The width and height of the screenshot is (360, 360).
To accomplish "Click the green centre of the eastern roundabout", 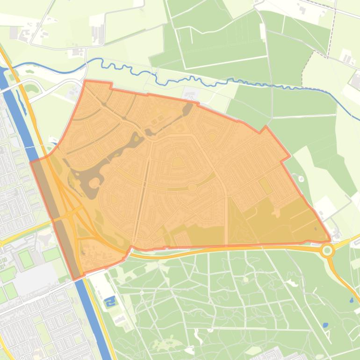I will (327, 251).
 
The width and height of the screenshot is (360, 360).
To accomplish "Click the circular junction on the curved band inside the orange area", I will (192, 187).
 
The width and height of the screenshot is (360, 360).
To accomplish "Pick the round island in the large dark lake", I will (94, 182).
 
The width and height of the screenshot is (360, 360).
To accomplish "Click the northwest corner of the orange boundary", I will (85, 81).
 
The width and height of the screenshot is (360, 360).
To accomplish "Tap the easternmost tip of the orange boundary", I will (331, 241).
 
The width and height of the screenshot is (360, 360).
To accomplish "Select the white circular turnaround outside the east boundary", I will (301, 178).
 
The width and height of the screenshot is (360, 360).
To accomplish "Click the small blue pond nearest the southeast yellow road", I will (352, 300).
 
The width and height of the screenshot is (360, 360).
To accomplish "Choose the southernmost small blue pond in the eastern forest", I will (325, 324).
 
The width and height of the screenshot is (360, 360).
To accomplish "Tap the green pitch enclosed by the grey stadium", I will (26, 259).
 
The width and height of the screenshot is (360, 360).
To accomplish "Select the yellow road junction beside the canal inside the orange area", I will (70, 215).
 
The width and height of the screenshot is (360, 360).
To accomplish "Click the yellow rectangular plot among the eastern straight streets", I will (266, 186).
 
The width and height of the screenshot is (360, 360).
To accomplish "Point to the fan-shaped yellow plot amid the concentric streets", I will (178, 162).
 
